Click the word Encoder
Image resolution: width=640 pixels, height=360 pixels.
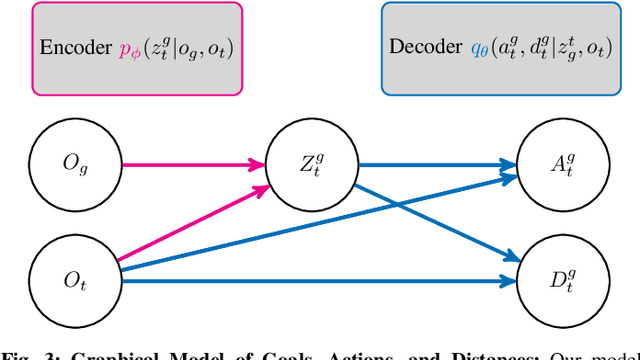[73, 47]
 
